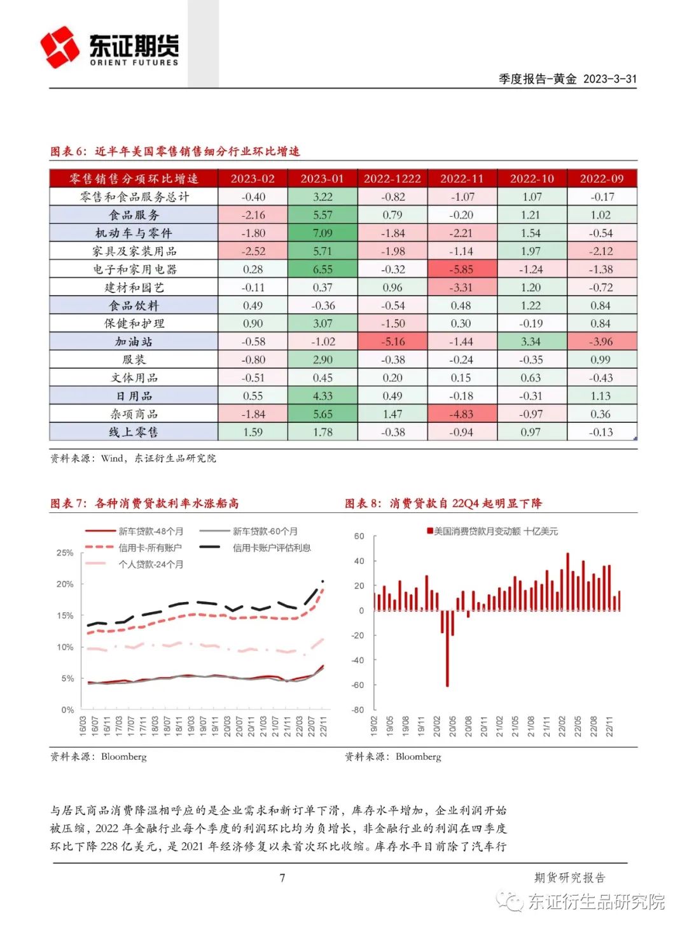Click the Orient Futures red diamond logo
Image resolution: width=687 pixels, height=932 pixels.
60,47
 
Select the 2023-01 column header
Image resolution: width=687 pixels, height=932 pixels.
322,179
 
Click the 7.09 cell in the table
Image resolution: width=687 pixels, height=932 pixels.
322,233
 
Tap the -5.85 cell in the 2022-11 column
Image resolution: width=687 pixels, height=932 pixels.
462,270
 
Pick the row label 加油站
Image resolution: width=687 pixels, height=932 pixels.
134,342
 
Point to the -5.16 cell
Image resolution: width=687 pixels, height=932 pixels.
392,342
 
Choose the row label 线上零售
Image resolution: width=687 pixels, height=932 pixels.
134,432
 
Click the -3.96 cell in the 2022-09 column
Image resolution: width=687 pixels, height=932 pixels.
601,342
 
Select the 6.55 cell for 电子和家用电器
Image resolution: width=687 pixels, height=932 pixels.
322,270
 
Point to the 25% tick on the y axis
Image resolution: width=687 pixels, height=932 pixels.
65,553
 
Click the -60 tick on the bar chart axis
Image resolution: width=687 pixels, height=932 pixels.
358,685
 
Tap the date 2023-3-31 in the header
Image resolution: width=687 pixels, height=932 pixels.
609,79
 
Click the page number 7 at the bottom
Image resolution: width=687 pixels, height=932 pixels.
282,878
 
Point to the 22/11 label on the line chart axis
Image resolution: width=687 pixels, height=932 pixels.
323,726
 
